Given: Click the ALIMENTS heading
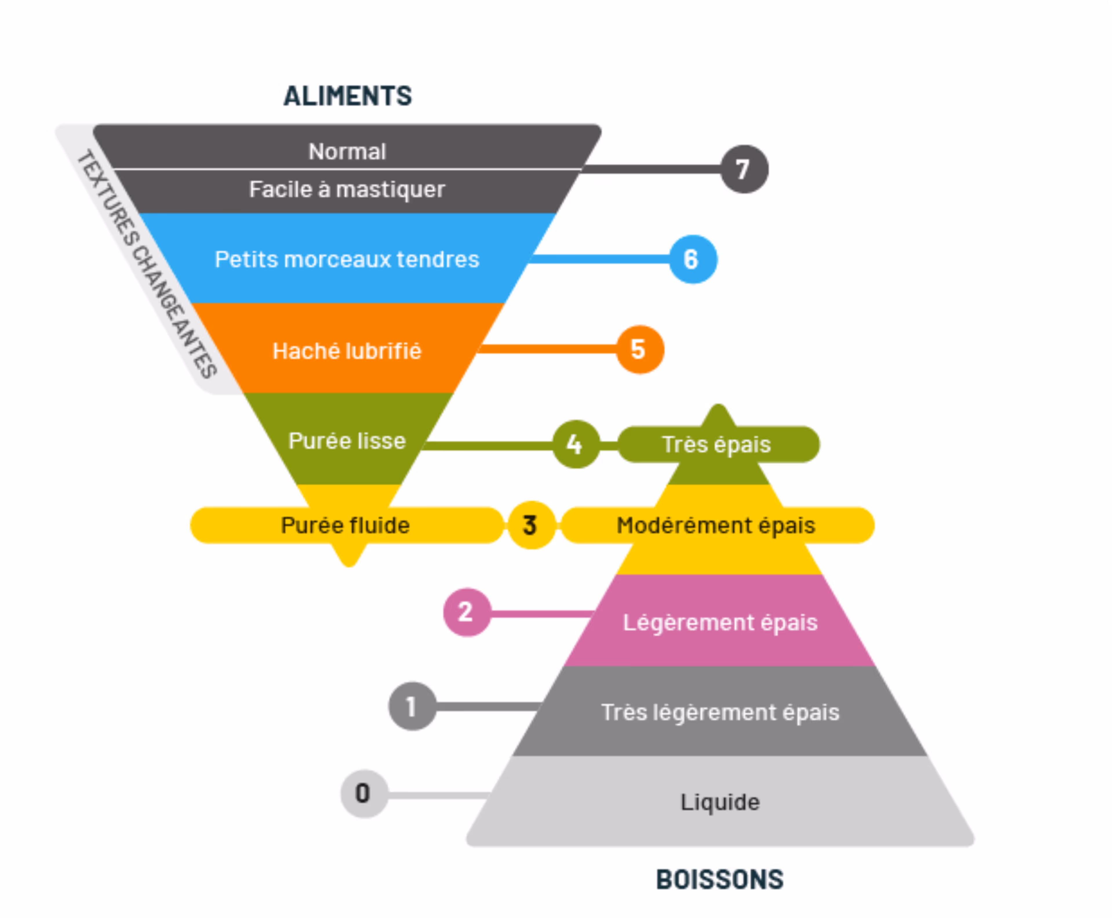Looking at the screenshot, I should pyautogui.click(x=347, y=96).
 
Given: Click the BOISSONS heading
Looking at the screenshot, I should pyautogui.click(x=720, y=880).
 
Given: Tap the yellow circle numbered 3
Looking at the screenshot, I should pyautogui.click(x=531, y=525).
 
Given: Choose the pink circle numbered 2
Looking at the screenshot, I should pyautogui.click(x=466, y=612).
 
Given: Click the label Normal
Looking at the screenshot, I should pyautogui.click(x=347, y=152).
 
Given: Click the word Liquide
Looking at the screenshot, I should pyautogui.click(x=720, y=802).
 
